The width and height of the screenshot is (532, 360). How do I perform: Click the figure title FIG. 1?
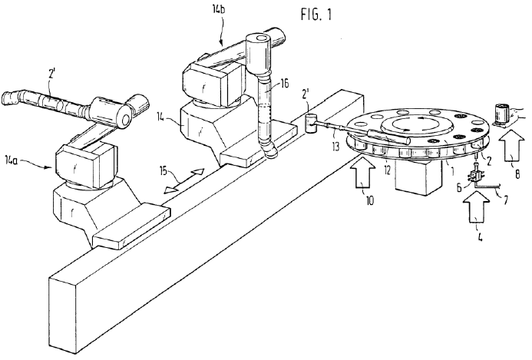click(316, 15)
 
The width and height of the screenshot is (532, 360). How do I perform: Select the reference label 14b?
click(219, 10)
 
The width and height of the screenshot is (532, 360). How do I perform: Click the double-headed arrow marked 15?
click(184, 181)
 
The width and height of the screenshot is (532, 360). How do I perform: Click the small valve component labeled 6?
click(476, 176)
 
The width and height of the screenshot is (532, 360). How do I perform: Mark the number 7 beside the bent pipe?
click(505, 200)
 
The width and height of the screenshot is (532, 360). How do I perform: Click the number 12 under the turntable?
click(388, 170)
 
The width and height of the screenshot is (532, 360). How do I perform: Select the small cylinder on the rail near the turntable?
click(311, 124)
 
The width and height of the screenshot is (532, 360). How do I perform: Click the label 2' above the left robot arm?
click(51, 74)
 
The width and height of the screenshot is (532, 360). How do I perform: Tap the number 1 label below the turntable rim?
click(451, 167)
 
